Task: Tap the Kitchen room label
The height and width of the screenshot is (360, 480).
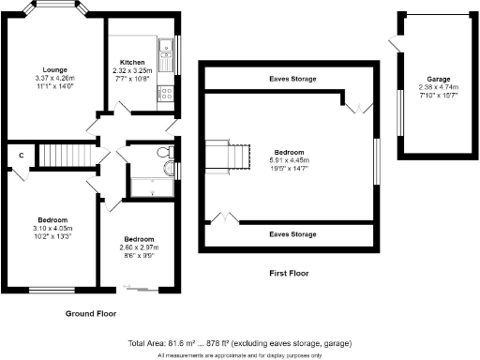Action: pyautogui.click(x=132, y=62)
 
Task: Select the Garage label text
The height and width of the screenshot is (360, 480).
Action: pyautogui.click(x=434, y=80)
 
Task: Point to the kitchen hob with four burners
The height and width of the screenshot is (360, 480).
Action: pyautogui.click(x=165, y=93)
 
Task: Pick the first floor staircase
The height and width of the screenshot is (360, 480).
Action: pyautogui.click(x=229, y=157)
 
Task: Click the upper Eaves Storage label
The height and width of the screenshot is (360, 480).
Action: pyautogui.click(x=290, y=80)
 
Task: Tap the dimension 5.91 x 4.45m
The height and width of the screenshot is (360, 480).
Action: pyautogui.click(x=289, y=158)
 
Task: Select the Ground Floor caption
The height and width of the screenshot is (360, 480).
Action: pyautogui.click(x=93, y=312)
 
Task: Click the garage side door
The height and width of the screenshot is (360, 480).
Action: pyautogui.click(x=394, y=43)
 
